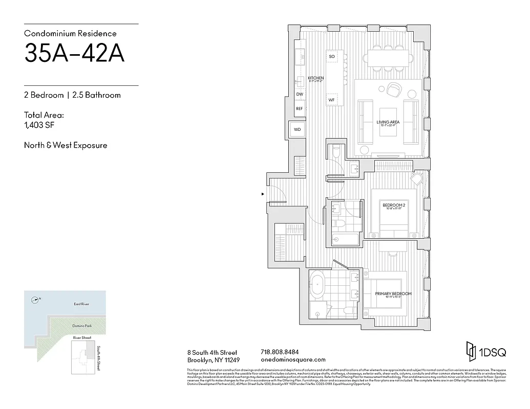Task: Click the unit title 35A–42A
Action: pyautogui.click(x=74, y=54)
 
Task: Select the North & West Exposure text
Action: pyautogui.click(x=66, y=145)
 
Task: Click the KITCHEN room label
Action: pyautogui.click(x=316, y=78)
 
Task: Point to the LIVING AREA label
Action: pyautogui.click(x=388, y=122)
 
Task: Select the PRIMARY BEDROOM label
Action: pyautogui.click(x=393, y=294)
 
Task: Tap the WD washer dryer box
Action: pyautogui.click(x=297, y=130)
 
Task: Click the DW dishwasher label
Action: pyautogui.click(x=300, y=95)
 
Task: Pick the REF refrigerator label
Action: pyautogui.click(x=300, y=108)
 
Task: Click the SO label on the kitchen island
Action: pyautogui.click(x=331, y=56)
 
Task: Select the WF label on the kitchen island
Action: pyautogui.click(x=331, y=100)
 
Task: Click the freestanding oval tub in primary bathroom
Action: pyautogui.click(x=318, y=285)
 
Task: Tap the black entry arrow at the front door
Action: pyautogui.click(x=263, y=194)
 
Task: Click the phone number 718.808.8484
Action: pyautogui.click(x=280, y=352)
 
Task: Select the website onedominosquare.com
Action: pyautogui.click(x=293, y=359)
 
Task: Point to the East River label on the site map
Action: pyautogui.click(x=81, y=304)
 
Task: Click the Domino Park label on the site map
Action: pyautogui.click(x=81, y=326)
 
